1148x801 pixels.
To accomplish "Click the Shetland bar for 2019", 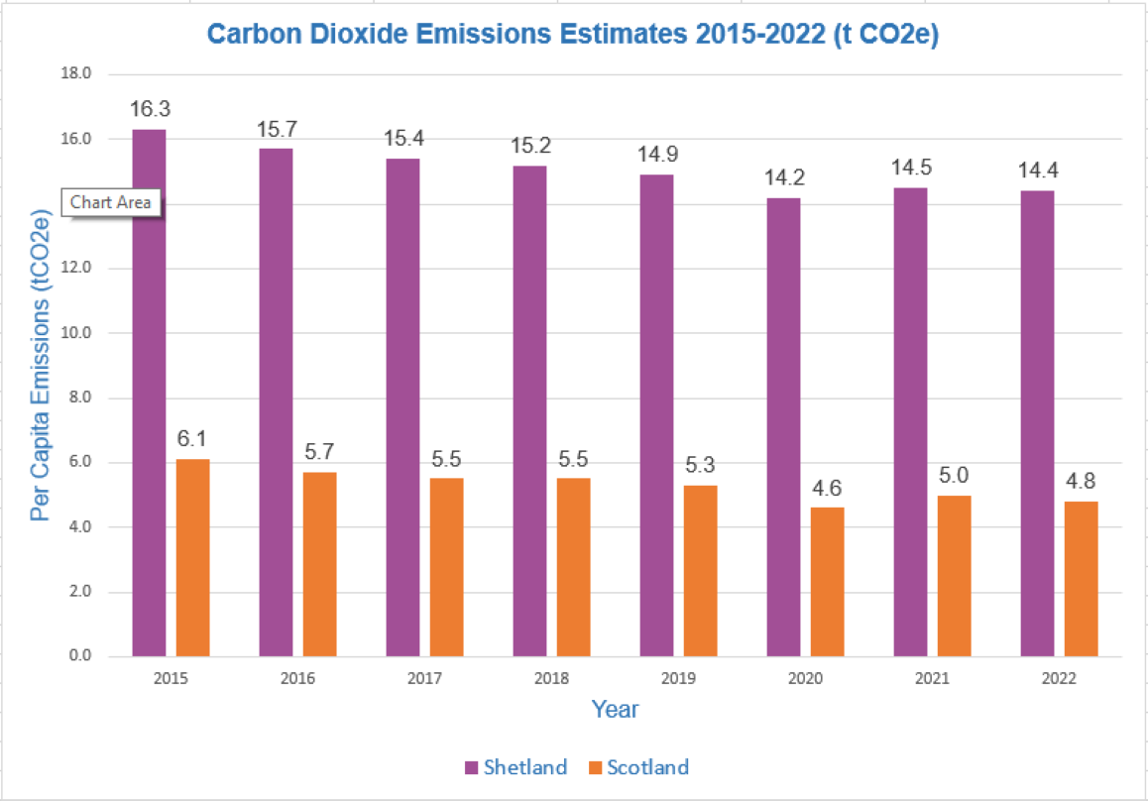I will click(x=656, y=415).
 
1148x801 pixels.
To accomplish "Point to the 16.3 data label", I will click(x=149, y=108).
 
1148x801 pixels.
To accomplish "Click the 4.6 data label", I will click(x=828, y=486).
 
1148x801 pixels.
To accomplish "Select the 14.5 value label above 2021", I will click(x=910, y=167).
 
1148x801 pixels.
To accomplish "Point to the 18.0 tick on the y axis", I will click(x=76, y=74).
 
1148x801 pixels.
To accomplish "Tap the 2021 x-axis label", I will click(x=932, y=679).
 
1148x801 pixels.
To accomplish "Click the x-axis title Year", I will click(x=615, y=710).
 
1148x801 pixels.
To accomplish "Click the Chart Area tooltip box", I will click(x=111, y=202).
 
